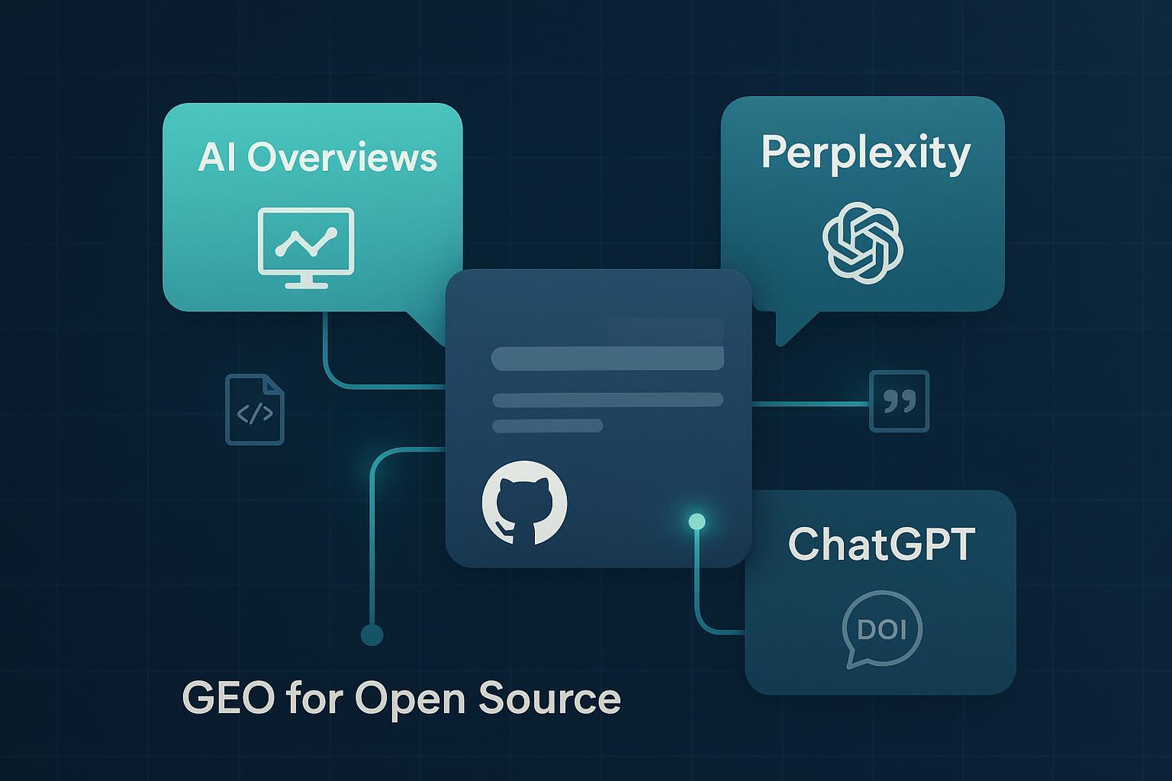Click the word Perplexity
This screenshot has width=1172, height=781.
tap(865, 154)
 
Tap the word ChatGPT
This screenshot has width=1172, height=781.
tap(881, 544)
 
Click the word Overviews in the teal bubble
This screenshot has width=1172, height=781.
tap(342, 158)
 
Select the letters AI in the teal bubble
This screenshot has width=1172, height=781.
tap(216, 158)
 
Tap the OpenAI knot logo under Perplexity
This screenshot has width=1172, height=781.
tap(862, 243)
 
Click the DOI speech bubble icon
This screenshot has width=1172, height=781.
tap(881, 630)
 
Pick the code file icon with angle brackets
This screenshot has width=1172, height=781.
tap(255, 410)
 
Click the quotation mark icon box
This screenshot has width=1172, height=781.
tap(899, 401)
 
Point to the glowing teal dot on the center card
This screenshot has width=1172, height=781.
tap(696, 522)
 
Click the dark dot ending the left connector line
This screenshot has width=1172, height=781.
tap(372, 635)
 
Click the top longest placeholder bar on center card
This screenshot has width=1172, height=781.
tap(607, 358)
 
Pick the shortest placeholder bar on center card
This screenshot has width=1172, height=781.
tap(547, 426)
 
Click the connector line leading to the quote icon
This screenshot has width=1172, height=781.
tap(810, 403)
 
